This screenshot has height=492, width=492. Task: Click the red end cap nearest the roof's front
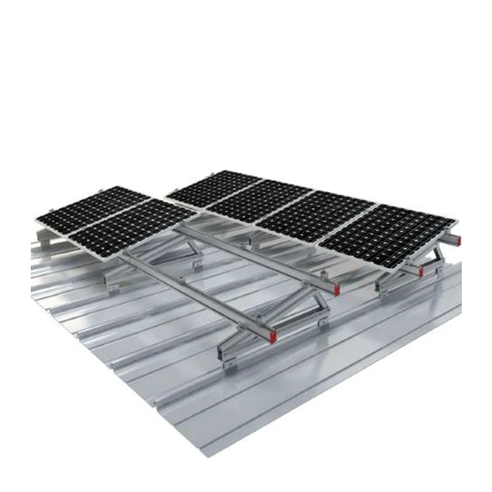click(x=273, y=336)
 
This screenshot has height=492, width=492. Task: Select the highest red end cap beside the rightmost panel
click(x=458, y=237)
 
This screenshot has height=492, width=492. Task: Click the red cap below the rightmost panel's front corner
click(x=421, y=271)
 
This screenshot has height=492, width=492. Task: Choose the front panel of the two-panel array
click(x=132, y=225)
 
